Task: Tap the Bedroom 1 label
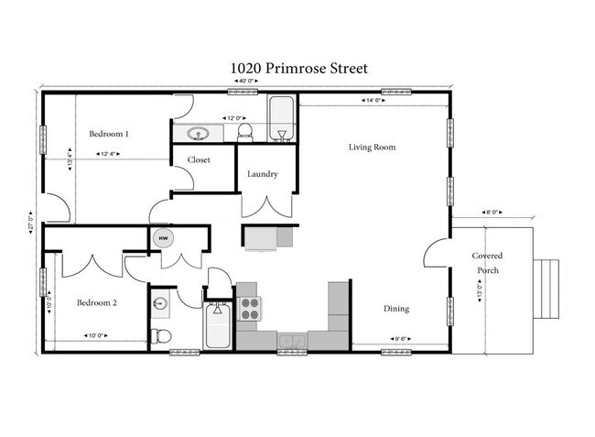[x=108, y=134]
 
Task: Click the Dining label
[x=395, y=308]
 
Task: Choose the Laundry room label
[x=263, y=174]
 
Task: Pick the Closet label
[x=199, y=159]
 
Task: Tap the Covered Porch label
[x=486, y=263]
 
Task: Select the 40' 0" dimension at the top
[x=245, y=82]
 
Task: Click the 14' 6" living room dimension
[x=373, y=101]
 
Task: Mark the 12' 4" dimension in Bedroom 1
[x=107, y=154]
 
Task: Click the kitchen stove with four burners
[x=249, y=308]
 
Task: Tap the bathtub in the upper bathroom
[x=280, y=119]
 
